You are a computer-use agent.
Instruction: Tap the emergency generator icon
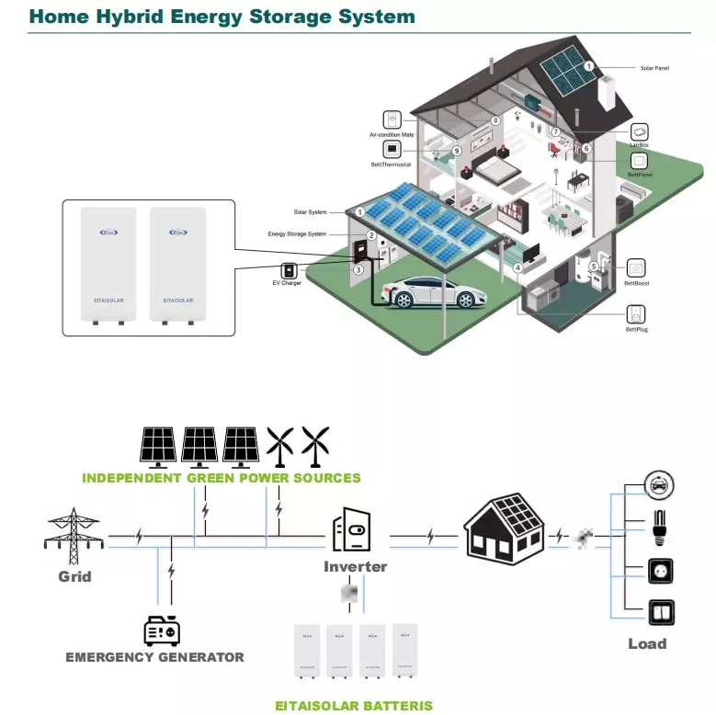[162, 630]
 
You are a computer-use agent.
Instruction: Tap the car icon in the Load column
[657, 483]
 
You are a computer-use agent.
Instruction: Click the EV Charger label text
[287, 283]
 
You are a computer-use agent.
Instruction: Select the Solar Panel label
[655, 68]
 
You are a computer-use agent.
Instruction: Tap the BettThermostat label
[391, 165]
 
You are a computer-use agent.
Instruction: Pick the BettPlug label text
[637, 328]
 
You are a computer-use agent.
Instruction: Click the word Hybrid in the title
[158, 17]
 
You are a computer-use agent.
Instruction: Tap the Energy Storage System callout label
[297, 234]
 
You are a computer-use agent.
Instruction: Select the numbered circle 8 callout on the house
[495, 120]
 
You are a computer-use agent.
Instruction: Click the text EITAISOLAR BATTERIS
[354, 706]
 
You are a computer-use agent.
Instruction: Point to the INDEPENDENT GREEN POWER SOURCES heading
[222, 478]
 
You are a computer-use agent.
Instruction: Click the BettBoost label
[637, 284]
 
